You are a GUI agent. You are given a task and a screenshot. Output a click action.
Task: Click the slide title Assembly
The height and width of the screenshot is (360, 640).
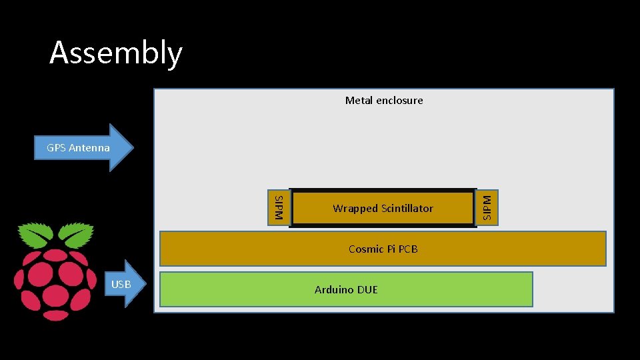115,53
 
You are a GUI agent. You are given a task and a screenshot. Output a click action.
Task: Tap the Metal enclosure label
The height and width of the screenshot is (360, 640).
383,101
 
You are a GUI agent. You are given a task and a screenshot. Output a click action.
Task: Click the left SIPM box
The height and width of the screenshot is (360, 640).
279,207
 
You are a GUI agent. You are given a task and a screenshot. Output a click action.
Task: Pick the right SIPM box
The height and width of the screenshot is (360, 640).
487,207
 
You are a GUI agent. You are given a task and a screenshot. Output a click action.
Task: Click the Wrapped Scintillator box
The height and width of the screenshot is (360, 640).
383,209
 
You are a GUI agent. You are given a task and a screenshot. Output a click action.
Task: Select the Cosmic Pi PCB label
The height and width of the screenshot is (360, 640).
383,249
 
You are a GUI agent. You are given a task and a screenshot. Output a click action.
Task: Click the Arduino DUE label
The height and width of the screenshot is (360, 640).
346,289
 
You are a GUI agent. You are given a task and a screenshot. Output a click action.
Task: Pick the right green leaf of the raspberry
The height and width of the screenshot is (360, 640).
74,235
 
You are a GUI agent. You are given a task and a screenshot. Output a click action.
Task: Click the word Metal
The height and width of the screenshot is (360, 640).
359,101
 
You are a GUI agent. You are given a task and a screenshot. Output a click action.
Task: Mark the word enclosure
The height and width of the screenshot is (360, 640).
399,101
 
